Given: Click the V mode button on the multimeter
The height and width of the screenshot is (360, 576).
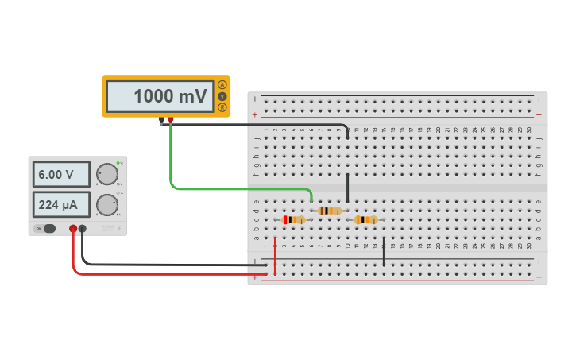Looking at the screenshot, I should coord(222,96).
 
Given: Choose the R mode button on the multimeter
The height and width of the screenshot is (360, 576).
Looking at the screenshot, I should coord(222,107).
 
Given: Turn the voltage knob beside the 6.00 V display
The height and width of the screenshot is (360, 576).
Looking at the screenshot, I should coord(106,174).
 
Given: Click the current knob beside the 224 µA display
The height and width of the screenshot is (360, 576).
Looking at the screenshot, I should coord(106,205).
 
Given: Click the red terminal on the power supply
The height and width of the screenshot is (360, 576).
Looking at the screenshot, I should coord(73,229).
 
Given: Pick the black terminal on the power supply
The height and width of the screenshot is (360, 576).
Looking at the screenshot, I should coord(83,229).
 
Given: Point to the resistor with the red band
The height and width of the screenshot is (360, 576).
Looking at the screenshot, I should coord(294,219).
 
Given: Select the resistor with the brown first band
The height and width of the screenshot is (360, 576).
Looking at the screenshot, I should coord(329,211).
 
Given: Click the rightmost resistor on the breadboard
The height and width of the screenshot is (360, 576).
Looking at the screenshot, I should coord(365,219).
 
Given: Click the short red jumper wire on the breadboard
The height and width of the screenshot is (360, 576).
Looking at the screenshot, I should coord(276,254).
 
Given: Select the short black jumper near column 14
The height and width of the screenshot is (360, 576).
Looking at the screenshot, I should coord(384,251).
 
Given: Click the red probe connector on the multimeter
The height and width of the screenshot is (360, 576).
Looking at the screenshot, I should coord(171,121).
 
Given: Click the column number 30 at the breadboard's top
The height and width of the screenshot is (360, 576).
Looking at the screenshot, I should coord(529,130).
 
